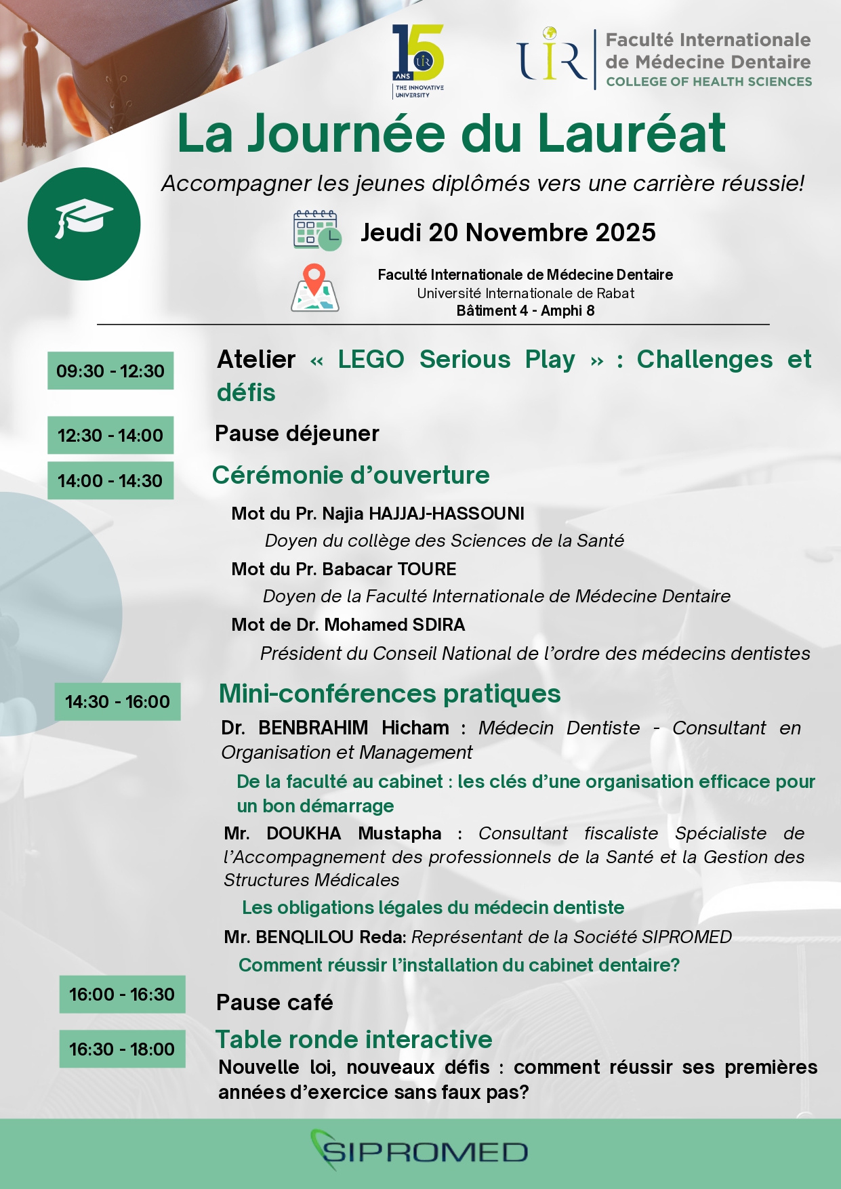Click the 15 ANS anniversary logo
pos(417,61)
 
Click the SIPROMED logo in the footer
pos(419,1151)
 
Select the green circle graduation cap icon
pos(84,224)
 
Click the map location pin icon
pos(314,288)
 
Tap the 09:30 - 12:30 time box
pos(110,371)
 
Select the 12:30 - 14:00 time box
pos(110,435)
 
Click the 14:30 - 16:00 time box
pos(117,701)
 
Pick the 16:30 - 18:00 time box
pos(122,1049)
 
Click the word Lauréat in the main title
pos(632,133)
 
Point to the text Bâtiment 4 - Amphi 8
pos(525,311)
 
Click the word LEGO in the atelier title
pos(371,359)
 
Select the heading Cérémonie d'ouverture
pos(350,475)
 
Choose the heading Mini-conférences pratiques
pos(390,693)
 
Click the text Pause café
pos(274,1002)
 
